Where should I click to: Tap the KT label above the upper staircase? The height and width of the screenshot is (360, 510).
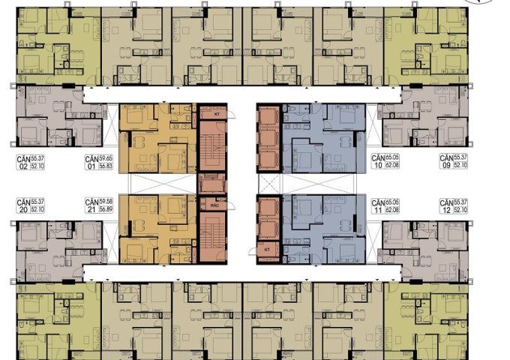pyautogui.click(x=215, y=113)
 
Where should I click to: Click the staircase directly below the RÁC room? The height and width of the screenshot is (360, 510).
pyautogui.click(x=212, y=235)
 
